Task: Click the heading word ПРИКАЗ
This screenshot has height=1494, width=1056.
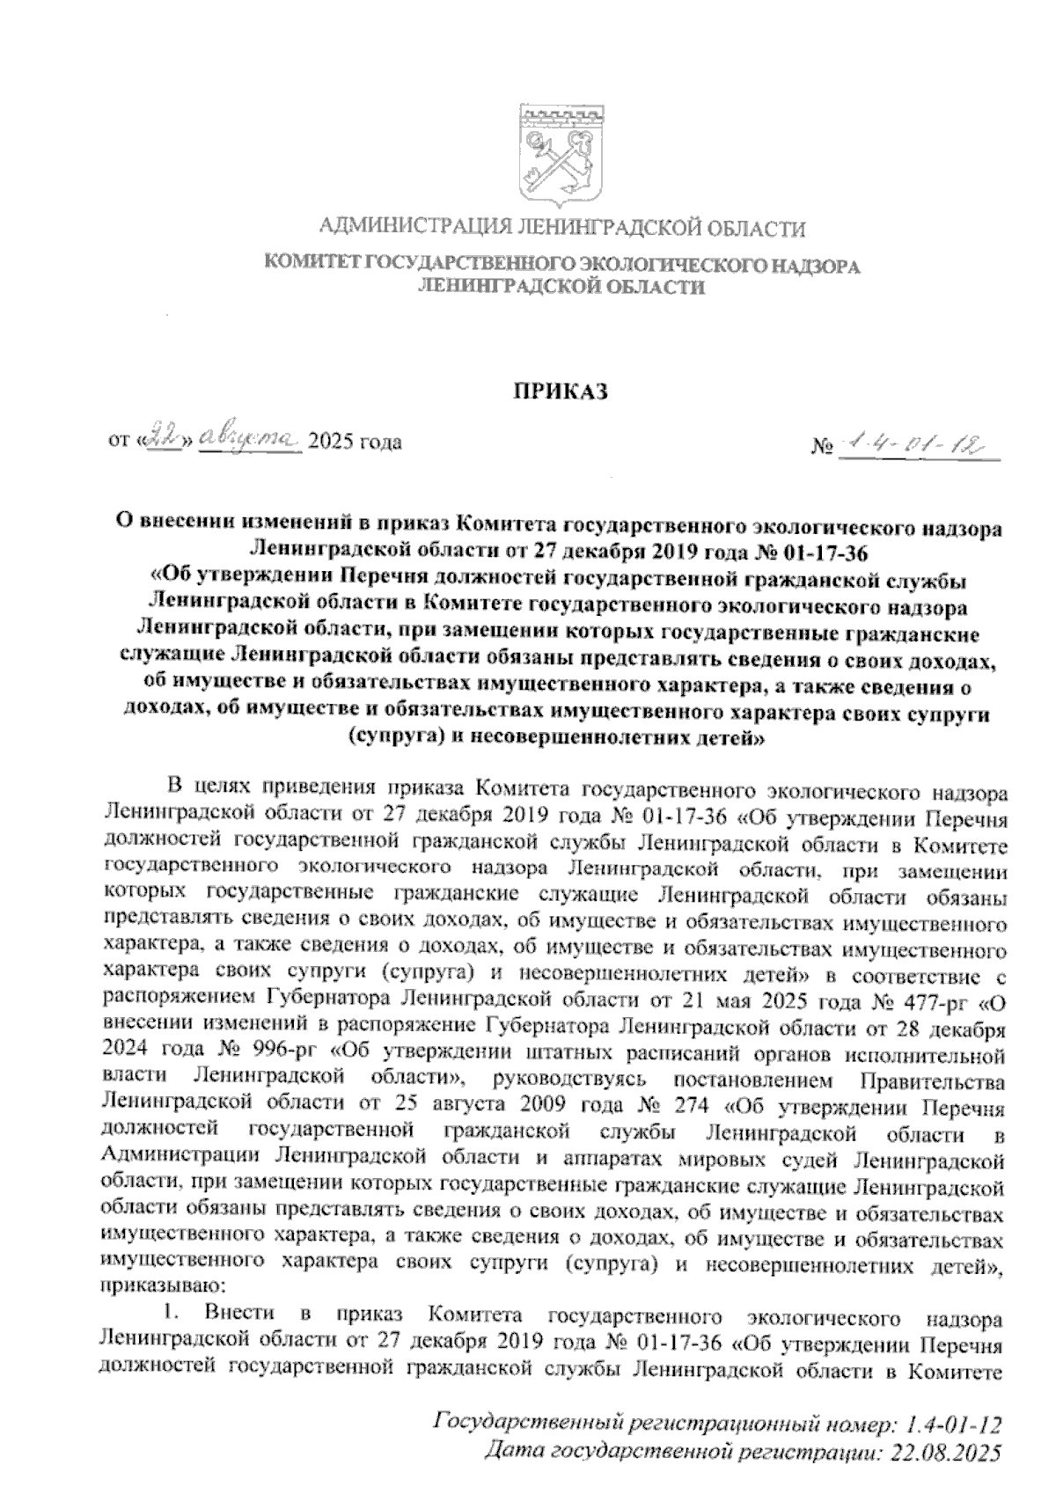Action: [561, 392]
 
